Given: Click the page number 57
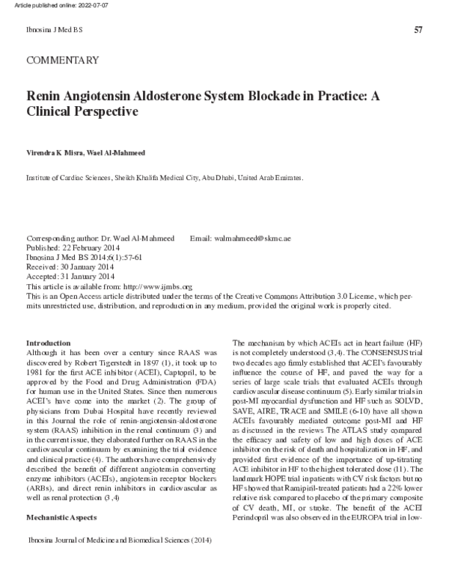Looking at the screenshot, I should [418, 30].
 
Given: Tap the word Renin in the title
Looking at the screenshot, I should [47, 97].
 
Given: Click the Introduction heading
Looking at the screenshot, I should [48, 341].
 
